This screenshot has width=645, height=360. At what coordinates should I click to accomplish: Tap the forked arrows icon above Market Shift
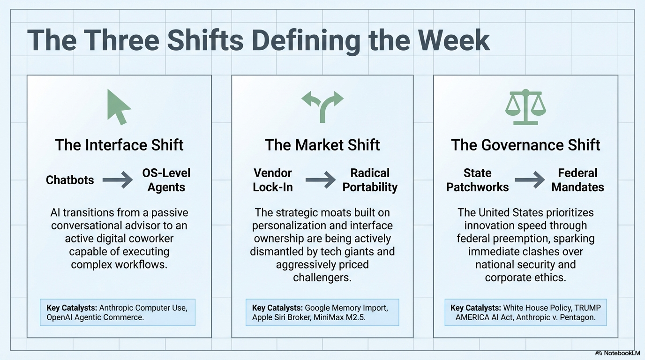(322, 106)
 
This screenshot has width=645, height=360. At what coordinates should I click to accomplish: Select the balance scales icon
(525, 106)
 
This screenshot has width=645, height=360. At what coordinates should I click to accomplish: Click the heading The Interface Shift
(119, 144)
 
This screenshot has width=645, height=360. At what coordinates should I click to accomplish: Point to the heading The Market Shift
(322, 144)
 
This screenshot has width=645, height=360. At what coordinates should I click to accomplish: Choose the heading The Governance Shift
(525, 144)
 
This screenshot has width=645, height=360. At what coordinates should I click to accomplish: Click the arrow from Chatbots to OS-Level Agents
(118, 180)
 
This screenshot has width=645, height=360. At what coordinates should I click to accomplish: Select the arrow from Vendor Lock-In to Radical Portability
(321, 180)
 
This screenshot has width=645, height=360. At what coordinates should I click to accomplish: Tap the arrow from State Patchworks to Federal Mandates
(530, 180)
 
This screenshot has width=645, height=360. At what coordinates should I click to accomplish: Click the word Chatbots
(70, 180)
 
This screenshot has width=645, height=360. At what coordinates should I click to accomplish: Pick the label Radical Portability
(370, 180)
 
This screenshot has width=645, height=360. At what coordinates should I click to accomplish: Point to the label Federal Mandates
(577, 180)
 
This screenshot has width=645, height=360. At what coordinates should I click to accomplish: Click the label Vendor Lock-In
(273, 180)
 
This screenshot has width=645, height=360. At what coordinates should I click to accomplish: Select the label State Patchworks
(477, 180)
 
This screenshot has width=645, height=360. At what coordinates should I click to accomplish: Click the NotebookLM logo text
(622, 353)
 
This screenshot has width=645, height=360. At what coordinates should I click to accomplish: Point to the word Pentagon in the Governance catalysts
(579, 317)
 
